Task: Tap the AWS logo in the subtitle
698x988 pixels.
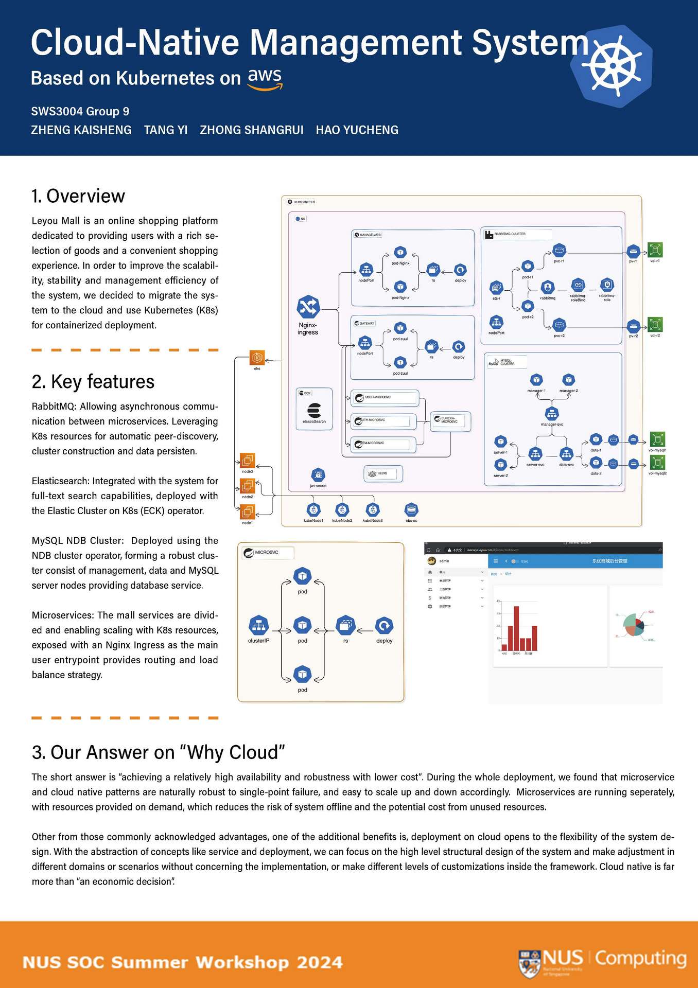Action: [265, 79]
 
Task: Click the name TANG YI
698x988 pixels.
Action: [166, 130]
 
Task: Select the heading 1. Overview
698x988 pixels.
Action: [78, 196]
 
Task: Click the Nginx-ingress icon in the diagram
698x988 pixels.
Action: [308, 307]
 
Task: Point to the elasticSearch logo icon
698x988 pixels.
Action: [314, 411]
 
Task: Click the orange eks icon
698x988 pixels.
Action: [257, 357]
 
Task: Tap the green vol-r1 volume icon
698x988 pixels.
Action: [655, 250]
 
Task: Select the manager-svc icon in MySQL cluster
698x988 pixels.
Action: [552, 413]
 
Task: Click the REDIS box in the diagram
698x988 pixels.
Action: [383, 473]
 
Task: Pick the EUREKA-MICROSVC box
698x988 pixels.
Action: [450, 420]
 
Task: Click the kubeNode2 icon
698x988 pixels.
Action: [342, 509]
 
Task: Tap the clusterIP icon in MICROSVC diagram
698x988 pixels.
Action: [258, 626]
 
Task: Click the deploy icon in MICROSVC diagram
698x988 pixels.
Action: [384, 626]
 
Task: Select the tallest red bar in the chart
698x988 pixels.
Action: [516, 628]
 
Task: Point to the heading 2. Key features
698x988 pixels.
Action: [93, 382]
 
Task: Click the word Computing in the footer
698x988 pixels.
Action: [641, 959]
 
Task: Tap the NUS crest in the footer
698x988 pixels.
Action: [529, 963]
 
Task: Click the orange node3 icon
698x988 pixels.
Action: [248, 460]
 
